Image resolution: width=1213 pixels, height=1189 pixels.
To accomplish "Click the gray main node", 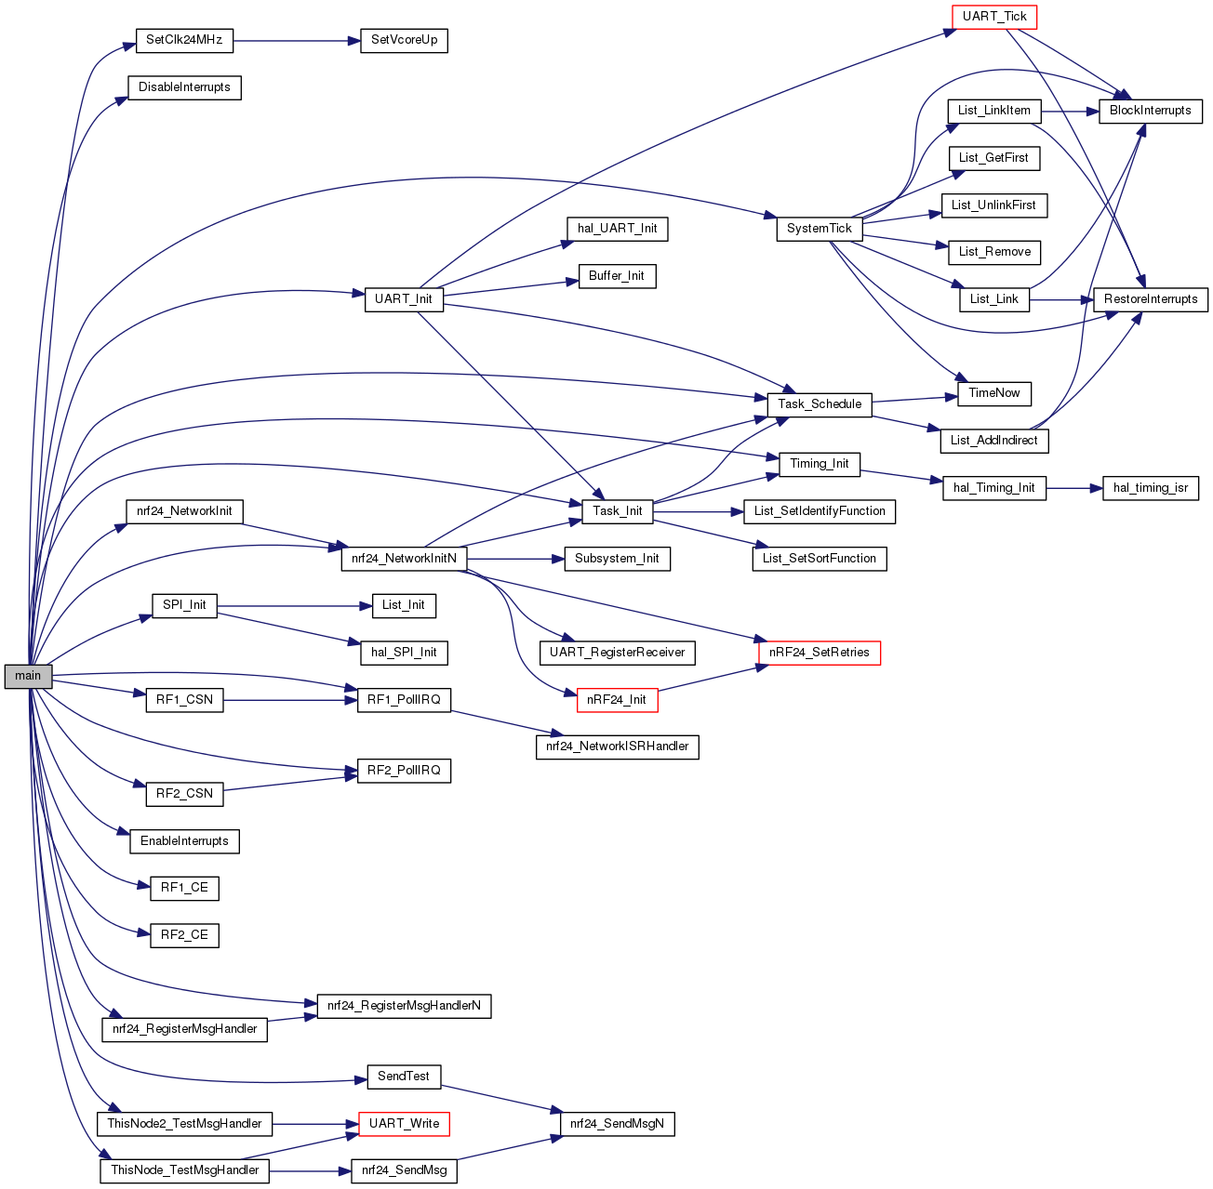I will (28, 676).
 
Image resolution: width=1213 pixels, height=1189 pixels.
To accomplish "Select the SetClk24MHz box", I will (184, 41).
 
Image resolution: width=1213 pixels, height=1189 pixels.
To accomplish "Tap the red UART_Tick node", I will (994, 17).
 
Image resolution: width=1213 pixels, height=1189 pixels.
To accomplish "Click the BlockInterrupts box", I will (1150, 111).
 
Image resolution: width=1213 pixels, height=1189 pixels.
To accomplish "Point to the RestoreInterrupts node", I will (1151, 299).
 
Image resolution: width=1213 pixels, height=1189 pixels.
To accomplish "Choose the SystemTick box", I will (819, 229).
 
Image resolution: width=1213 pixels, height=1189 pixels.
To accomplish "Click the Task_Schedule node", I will (820, 404).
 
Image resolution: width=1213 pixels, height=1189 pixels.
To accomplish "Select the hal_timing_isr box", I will (1150, 488).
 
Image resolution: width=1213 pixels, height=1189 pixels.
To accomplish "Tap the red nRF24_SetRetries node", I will (819, 653).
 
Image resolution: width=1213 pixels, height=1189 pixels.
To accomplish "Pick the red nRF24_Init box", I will (617, 700).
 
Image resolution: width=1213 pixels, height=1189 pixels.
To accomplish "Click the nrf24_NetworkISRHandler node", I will (617, 746).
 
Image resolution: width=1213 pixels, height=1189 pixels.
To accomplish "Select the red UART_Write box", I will (404, 1124).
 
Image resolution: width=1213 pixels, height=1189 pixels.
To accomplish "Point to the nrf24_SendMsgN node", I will (617, 1124).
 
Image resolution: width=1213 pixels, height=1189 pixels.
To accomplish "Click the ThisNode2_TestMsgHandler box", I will (184, 1124).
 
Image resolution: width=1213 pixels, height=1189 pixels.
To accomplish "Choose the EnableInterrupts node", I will (184, 841).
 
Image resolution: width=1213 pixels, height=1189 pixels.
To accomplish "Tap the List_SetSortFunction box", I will (819, 559).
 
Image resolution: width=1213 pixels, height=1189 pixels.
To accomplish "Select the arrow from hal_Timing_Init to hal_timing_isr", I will (1074, 488).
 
